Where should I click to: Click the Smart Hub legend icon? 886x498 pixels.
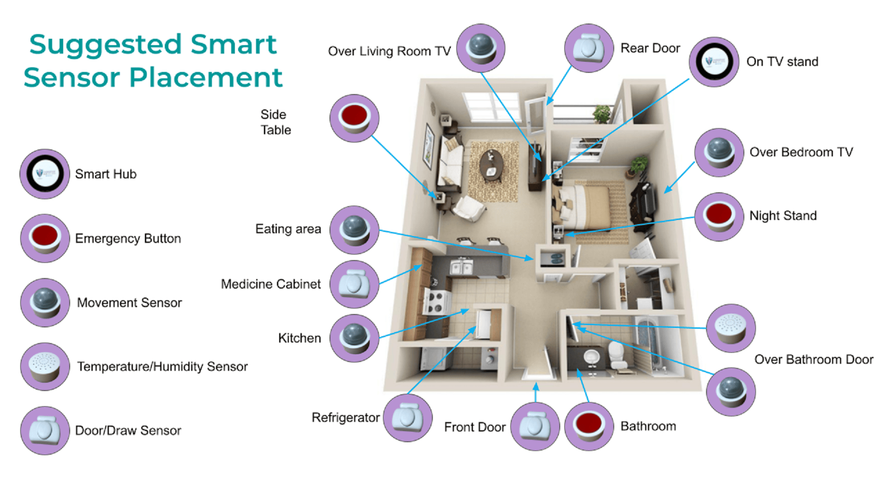tap(45, 174)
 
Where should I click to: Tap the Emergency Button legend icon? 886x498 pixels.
tap(45, 238)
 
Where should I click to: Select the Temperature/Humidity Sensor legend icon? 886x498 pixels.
tap(45, 366)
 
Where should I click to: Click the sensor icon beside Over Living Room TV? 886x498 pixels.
tap(480, 48)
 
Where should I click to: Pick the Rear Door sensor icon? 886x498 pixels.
tap(589, 48)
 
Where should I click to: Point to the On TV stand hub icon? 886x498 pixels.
tap(714, 62)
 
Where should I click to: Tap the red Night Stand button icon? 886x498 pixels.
tap(719, 216)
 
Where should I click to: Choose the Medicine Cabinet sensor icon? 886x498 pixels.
tap(354, 284)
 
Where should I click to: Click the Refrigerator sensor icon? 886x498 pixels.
tap(408, 418)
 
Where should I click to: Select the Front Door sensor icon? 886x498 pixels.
tap(535, 427)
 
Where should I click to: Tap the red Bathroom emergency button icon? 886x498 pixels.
tap(589, 427)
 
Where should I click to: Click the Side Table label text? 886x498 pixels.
tap(275, 122)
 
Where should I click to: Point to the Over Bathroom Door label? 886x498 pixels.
tap(813, 360)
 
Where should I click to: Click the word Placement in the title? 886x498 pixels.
tap(205, 77)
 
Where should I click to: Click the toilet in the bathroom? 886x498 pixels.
tap(617, 355)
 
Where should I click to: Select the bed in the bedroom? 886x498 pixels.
tap(584, 205)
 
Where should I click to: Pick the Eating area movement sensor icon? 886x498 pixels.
tap(354, 230)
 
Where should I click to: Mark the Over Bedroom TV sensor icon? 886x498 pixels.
tap(719, 152)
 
